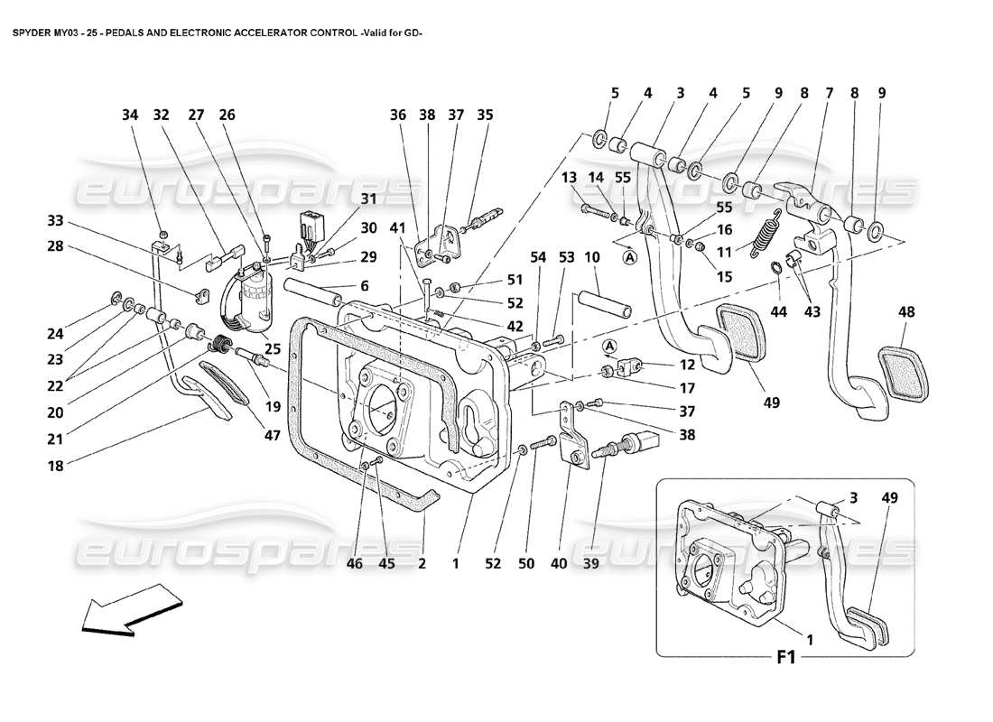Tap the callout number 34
click(132, 116)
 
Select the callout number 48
click(906, 312)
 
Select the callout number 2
click(422, 564)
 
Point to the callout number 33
click(56, 219)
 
